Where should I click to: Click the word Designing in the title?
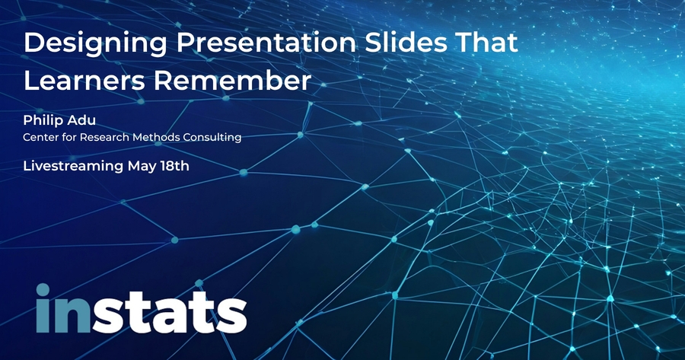[95, 43]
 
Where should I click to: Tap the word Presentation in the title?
[266, 43]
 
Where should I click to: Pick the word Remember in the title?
[232, 81]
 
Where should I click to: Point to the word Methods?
[156, 137]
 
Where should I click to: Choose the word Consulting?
[212, 138]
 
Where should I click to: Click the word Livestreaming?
[73, 167]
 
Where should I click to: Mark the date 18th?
[174, 166]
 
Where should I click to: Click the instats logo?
[142, 308]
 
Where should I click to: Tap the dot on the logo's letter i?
[43, 290]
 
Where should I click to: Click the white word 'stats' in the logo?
[170, 312]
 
